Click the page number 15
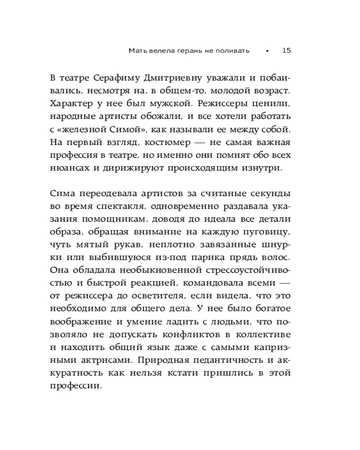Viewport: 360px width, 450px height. (x=286, y=51)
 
